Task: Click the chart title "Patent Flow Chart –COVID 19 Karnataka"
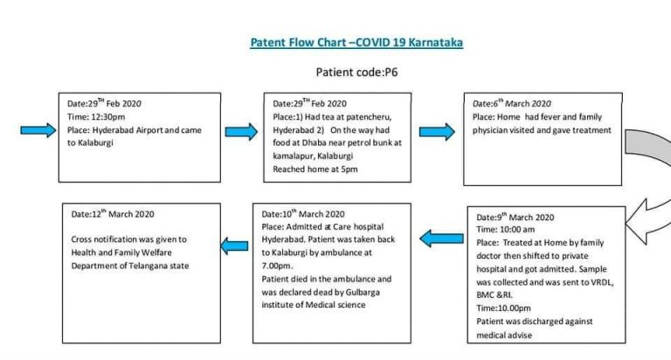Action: pyautogui.click(x=356, y=42)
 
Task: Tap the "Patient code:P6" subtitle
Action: pyautogui.click(x=356, y=72)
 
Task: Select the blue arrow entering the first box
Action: pyautogui.click(x=38, y=130)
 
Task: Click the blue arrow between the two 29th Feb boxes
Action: pyautogui.click(x=241, y=131)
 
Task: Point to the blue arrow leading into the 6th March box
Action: pyautogui.click(x=437, y=131)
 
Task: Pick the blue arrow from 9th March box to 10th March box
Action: pyautogui.click(x=441, y=239)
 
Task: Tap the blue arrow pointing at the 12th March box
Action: pyautogui.click(x=234, y=246)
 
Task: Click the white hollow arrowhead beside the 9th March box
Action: pyautogui.click(x=647, y=222)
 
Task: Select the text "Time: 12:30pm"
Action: pyautogui.click(x=96, y=117)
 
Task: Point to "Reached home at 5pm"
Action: pyautogui.click(x=315, y=170)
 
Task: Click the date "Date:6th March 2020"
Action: pyautogui.click(x=512, y=103)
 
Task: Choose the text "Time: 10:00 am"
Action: pyautogui.click(x=505, y=230)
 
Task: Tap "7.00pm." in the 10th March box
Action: pyautogui.click(x=277, y=266)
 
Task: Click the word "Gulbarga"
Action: pyautogui.click(x=363, y=293)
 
